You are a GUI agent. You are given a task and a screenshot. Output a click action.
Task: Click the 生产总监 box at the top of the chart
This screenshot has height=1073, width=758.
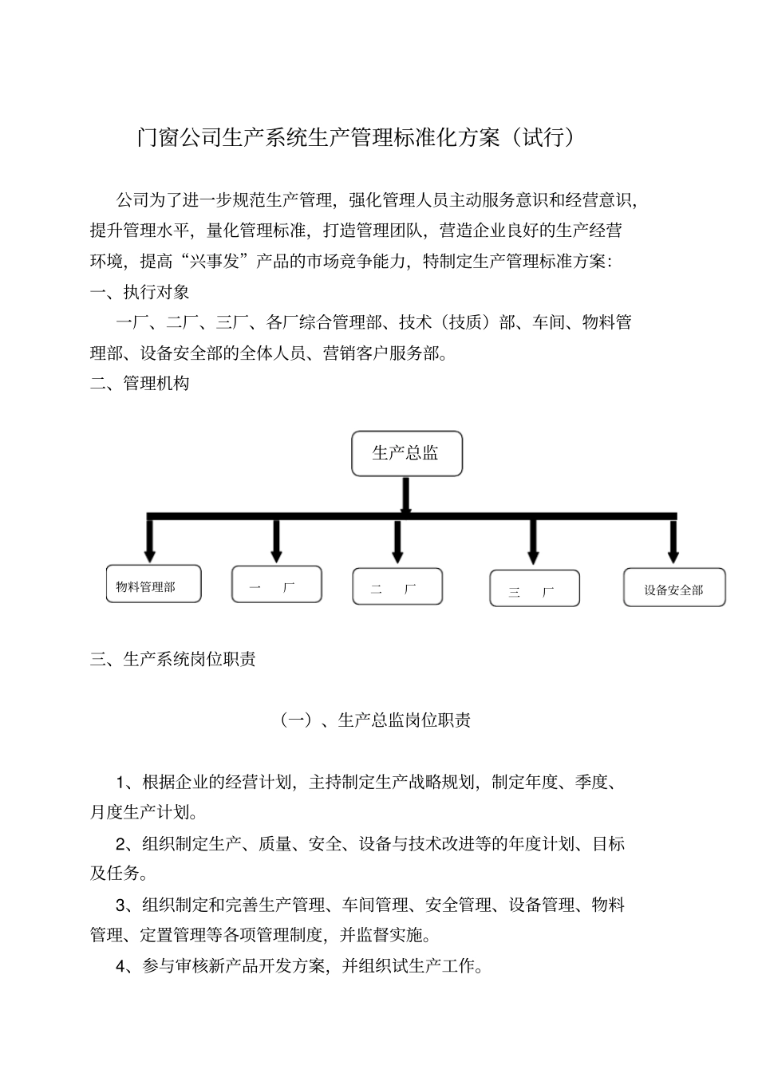407,454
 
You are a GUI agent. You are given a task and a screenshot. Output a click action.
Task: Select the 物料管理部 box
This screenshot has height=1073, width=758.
153,585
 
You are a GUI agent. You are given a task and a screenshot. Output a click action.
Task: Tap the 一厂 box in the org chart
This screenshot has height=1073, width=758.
277,586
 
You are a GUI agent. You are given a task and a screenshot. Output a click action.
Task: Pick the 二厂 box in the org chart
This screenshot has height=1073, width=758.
397,587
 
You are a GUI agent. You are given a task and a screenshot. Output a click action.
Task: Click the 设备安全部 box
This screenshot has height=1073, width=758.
674,589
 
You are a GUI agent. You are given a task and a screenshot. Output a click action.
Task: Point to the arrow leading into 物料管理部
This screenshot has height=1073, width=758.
149,542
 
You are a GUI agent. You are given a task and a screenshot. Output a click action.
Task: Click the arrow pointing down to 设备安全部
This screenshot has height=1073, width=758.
673,542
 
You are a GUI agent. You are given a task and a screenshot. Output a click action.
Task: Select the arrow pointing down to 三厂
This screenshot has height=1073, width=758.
533,542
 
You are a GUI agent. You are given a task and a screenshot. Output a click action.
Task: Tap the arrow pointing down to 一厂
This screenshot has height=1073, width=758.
276,541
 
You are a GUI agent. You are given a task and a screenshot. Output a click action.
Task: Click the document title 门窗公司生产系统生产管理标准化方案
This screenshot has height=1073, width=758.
319,138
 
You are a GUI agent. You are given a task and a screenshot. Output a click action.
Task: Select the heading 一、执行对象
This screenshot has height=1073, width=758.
140,292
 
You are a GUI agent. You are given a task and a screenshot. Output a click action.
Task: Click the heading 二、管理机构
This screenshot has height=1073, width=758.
140,384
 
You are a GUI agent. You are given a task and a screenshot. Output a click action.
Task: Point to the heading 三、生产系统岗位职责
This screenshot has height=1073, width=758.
173,660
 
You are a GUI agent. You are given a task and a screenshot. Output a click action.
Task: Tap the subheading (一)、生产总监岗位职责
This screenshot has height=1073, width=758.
375,720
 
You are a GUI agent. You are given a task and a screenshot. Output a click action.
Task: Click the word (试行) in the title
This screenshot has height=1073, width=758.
543,138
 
